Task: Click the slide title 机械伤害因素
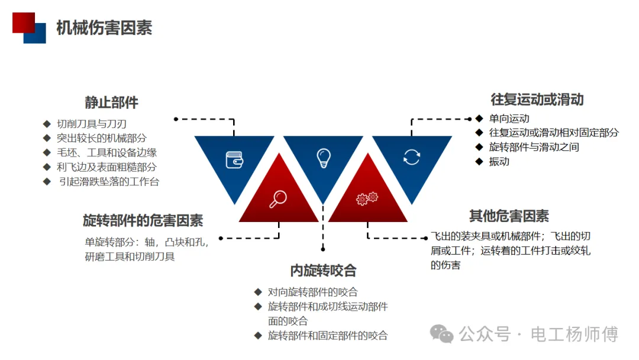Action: pyautogui.click(x=104, y=28)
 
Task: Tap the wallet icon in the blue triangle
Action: pyautogui.click(x=234, y=159)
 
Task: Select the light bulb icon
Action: pyautogui.click(x=323, y=157)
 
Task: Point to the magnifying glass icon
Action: pyautogui.click(x=278, y=200)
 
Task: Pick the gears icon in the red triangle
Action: pyautogui.click(x=367, y=199)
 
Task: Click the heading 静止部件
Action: pyautogui.click(x=111, y=102)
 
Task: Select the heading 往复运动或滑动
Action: pyautogui.click(x=537, y=99)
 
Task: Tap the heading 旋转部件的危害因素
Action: pyautogui.click(x=143, y=221)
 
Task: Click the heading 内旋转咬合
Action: pyautogui.click(x=323, y=271)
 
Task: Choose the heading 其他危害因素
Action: pyautogui.click(x=509, y=216)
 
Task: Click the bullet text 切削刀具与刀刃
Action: pyautogui.click(x=92, y=124)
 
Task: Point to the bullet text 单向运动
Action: pyautogui.click(x=509, y=118)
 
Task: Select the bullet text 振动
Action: pyautogui.click(x=499, y=162)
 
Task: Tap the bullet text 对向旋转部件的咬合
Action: pyautogui.click(x=312, y=292)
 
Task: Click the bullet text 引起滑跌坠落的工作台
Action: pyautogui.click(x=109, y=182)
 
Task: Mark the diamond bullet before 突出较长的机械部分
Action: pyautogui.click(x=47, y=138)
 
